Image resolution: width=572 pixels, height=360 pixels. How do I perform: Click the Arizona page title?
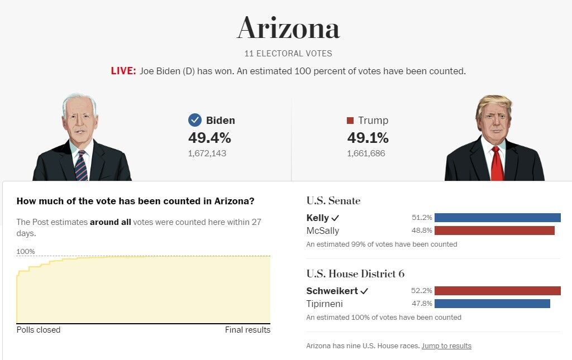[288, 28]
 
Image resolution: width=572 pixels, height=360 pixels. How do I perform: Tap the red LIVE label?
[123, 71]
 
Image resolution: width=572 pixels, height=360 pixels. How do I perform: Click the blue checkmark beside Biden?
[194, 120]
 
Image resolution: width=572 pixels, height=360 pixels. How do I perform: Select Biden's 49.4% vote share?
[209, 138]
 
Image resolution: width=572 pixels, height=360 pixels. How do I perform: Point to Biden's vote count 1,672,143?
[207, 153]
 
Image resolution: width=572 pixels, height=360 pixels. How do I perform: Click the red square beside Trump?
[350, 121]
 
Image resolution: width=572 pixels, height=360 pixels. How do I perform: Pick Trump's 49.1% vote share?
[368, 138]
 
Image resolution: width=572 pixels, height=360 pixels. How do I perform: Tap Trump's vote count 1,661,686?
[366, 153]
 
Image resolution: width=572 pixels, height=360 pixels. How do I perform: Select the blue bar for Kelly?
[497, 218]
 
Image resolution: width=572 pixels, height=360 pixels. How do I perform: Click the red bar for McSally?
[494, 231]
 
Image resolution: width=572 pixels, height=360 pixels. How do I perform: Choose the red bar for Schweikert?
[497, 291]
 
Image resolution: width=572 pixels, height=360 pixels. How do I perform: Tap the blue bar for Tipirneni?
[492, 304]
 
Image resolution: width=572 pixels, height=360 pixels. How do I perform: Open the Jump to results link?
[446, 346]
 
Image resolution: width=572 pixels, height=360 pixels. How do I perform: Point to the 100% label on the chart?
[26, 252]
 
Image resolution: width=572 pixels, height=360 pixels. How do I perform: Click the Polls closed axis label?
[39, 330]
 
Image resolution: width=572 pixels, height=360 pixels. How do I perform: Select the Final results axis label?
[247, 330]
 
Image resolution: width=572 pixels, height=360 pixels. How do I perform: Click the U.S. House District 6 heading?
[355, 274]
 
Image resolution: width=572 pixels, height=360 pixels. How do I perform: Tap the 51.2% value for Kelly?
[422, 218]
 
